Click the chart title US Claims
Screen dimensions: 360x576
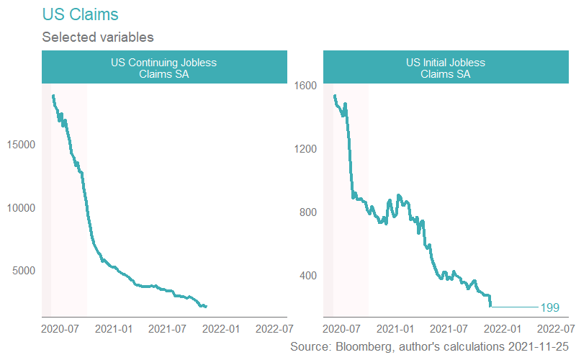(x=81, y=14)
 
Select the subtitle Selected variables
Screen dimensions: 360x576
(x=98, y=36)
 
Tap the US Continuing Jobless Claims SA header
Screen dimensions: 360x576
(x=163, y=68)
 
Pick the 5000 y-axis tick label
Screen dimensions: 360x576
(x=23, y=271)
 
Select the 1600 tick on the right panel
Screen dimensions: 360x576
(x=305, y=86)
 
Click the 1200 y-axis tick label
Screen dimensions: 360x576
(x=305, y=149)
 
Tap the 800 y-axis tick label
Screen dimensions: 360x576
(x=307, y=212)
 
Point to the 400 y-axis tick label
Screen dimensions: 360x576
(x=307, y=276)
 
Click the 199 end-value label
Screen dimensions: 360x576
(x=549, y=308)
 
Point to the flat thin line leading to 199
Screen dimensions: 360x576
(x=514, y=307)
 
